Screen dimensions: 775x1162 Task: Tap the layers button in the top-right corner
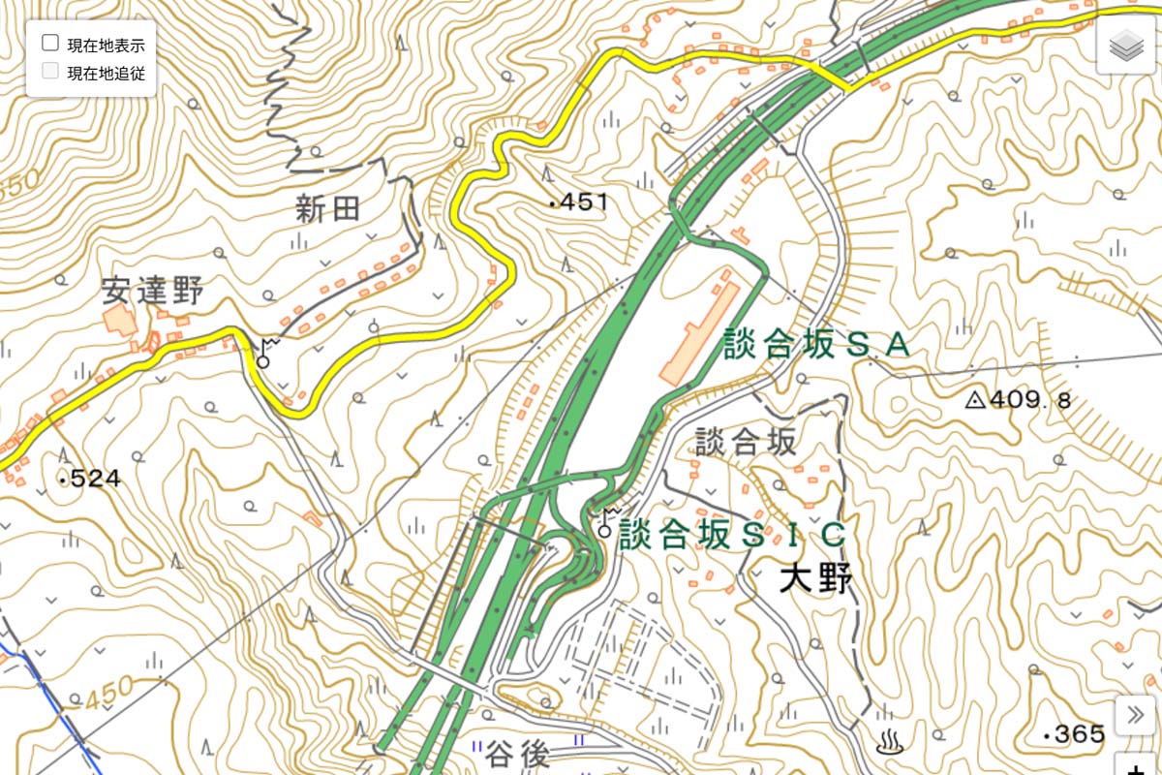(x=1126, y=46)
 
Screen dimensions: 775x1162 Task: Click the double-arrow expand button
(x=1134, y=716)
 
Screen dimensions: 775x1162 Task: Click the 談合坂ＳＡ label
(x=816, y=344)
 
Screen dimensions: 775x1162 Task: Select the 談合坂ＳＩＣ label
(x=733, y=535)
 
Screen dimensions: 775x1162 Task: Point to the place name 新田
(x=327, y=209)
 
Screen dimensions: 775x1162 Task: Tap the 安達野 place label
(x=152, y=291)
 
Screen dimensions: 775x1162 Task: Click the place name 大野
(x=816, y=580)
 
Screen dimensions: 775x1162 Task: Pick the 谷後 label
(x=517, y=753)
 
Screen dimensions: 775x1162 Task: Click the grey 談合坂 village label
(x=746, y=443)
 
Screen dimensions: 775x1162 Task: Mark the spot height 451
(x=578, y=202)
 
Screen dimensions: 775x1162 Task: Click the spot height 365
(x=1073, y=735)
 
